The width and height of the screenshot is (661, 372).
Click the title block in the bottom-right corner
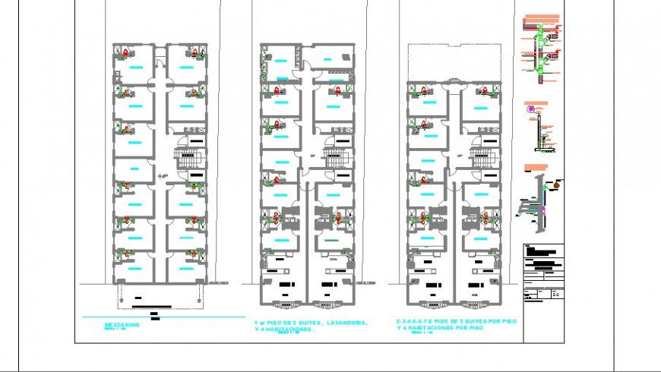coord(544,273)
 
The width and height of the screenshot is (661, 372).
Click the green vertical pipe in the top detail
coord(540,53)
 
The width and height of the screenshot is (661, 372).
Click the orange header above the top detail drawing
coord(542,15)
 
